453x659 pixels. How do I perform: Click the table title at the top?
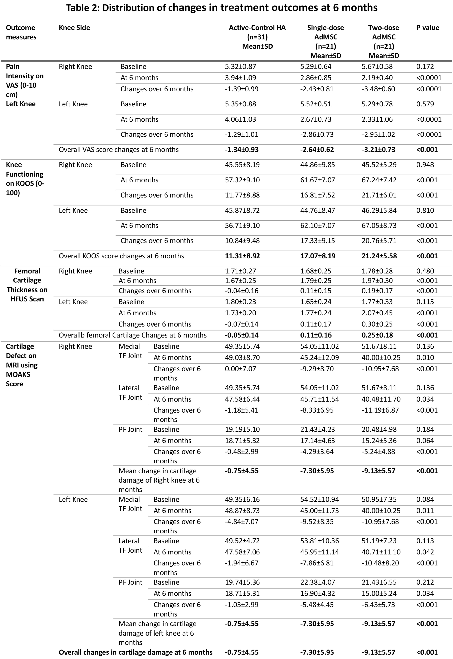coord(222,8)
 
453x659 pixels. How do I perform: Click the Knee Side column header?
coord(74,28)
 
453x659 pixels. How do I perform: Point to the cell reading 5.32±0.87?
coord(240,67)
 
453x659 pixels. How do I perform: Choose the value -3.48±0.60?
coord(378,89)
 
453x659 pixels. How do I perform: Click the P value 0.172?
coord(425,67)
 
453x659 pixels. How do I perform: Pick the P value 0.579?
coord(425,104)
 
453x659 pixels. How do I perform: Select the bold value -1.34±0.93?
coord(242,150)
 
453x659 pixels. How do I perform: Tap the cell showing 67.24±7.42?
coord(379,180)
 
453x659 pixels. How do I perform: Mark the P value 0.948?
coord(425,165)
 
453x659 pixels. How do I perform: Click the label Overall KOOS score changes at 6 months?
coord(121,256)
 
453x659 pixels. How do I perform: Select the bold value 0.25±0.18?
coord(377,335)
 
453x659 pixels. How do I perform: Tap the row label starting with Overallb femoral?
coord(133,335)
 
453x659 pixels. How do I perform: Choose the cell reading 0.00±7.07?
coord(240,369)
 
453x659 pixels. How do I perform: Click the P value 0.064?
coord(425,441)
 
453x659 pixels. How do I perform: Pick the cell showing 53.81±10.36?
coord(320,541)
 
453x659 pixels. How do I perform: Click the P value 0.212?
coord(425,582)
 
